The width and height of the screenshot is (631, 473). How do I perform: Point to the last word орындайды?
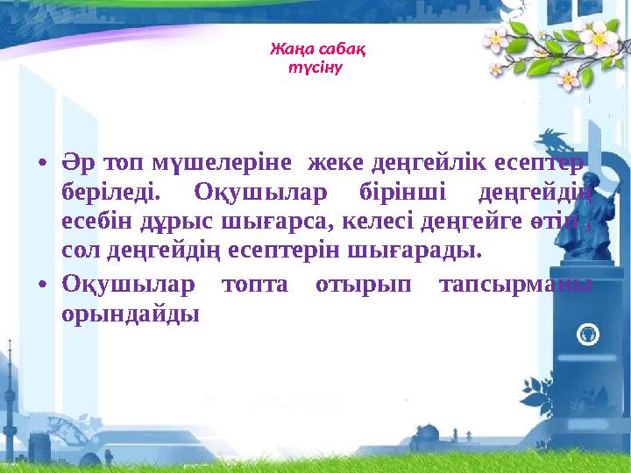click(131, 314)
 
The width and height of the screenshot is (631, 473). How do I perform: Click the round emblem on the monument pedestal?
click(590, 333)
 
